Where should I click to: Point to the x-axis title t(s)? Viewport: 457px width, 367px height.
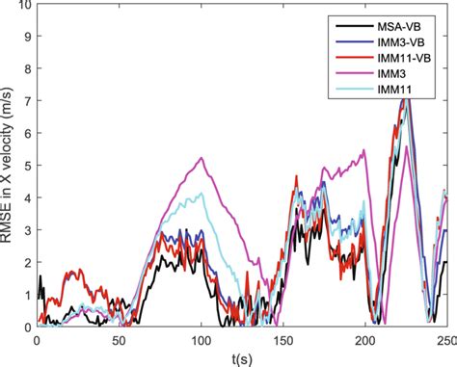[241, 355]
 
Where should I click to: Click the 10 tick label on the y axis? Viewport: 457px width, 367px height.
[23, 6]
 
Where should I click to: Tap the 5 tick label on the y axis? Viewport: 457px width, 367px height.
[26, 166]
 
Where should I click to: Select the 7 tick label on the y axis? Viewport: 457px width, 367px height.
[26, 101]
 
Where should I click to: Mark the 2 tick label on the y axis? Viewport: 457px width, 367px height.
[26, 262]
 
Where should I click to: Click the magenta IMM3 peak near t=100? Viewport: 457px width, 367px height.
[201, 158]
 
